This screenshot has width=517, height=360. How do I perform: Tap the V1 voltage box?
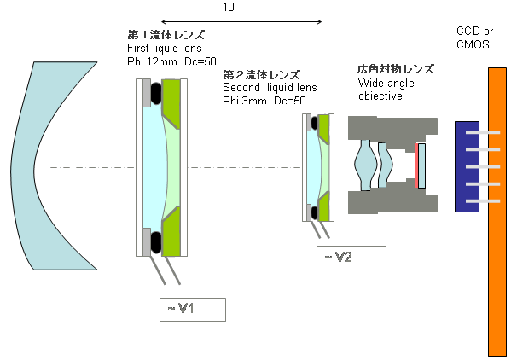click(192, 309)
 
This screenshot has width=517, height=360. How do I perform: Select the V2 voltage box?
click(351, 258)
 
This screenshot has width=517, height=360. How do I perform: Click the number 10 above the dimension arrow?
click(228, 7)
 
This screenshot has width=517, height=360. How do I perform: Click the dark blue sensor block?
click(468, 166)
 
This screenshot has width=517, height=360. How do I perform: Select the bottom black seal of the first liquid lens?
click(158, 243)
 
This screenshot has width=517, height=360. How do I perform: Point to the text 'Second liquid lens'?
click(270, 87)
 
